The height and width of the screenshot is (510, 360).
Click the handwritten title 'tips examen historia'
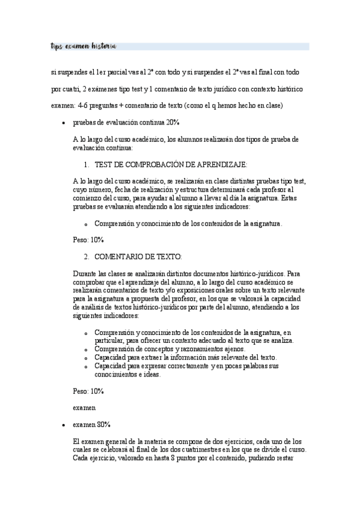[83, 46]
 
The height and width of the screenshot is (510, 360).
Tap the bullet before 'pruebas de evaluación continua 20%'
[64, 123]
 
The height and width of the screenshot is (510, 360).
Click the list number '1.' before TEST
[87, 164]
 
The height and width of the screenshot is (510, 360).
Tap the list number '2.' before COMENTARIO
[87, 257]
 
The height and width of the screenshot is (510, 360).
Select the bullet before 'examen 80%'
[64, 425]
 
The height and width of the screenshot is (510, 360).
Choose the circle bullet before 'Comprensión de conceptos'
[87, 349]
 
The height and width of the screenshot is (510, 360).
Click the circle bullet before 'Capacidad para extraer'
[87, 358]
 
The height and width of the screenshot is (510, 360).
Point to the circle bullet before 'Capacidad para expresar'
[87, 366]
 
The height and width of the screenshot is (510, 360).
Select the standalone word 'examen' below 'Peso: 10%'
[84, 407]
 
